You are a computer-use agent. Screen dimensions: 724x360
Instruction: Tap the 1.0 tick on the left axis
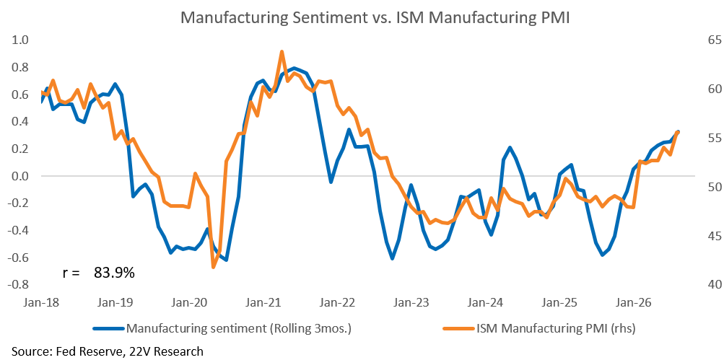[x=20, y=40]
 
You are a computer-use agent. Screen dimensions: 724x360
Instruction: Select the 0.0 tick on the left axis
[x=20, y=176]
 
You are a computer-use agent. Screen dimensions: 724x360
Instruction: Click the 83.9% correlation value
[x=114, y=273]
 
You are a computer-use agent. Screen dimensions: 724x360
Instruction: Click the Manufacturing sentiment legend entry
[x=240, y=328]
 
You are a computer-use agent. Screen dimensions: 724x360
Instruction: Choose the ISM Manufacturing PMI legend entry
[x=556, y=328]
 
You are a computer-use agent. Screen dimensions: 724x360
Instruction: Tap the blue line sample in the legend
[x=109, y=328]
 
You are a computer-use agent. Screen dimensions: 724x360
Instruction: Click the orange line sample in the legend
[x=458, y=328]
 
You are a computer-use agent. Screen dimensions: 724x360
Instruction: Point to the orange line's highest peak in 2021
[x=282, y=52]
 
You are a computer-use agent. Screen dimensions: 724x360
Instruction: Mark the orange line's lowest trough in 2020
[x=214, y=267]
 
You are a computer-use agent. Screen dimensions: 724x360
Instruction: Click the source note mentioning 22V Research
[x=108, y=351]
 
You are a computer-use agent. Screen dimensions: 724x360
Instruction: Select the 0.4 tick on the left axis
[x=20, y=122]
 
